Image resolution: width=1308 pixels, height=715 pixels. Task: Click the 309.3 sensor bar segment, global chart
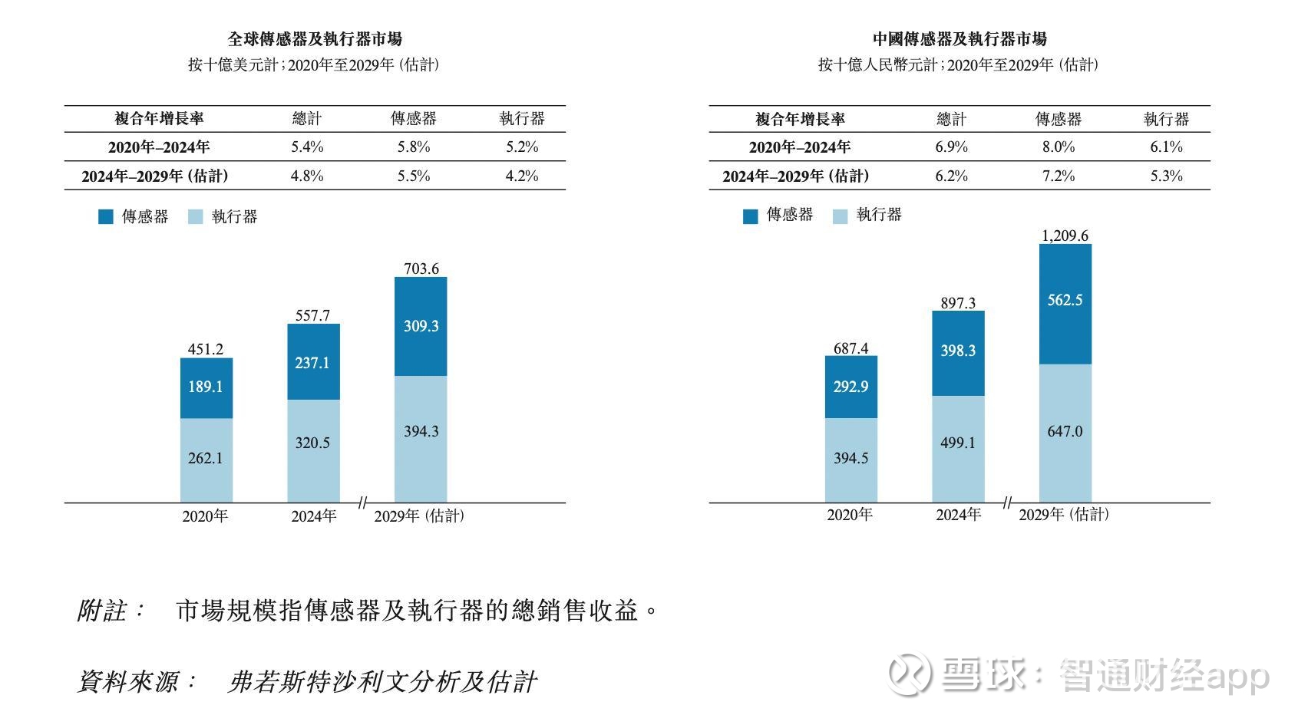421,326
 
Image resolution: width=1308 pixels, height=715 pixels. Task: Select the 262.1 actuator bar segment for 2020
206,459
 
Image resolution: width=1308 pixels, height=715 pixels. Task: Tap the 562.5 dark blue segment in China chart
1065,300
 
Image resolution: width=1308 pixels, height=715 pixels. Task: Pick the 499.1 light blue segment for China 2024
958,443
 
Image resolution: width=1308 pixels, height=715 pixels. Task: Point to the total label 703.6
421,269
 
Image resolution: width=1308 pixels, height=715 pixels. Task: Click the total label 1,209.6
1065,236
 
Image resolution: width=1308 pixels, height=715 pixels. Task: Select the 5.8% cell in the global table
414,147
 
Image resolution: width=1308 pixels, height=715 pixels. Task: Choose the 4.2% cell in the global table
522,176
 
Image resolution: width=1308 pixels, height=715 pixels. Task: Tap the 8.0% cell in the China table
1059,147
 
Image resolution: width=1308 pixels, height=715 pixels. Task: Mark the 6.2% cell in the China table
952,176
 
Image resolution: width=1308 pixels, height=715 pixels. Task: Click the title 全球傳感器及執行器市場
315,38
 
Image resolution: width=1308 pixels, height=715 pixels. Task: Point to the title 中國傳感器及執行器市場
960,38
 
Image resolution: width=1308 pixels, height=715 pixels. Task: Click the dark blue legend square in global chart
106,217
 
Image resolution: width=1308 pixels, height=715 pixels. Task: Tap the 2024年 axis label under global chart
313,516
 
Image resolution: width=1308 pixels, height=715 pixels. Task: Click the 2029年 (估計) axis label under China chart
1064,515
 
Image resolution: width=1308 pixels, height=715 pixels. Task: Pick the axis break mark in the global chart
362,502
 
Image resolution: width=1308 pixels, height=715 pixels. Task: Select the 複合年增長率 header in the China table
800,119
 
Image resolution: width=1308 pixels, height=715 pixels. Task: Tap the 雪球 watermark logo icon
910,674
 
